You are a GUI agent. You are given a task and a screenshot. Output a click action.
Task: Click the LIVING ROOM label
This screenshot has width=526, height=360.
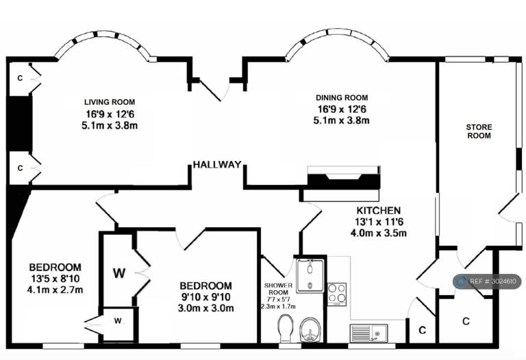pyautogui.click(x=110, y=102)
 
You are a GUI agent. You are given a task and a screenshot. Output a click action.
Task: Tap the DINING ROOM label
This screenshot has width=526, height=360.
pyautogui.click(x=342, y=98)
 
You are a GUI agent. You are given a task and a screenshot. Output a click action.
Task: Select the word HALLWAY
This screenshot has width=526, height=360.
pyautogui.click(x=217, y=164)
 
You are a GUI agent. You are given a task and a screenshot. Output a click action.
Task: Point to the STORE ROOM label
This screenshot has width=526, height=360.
pyautogui.click(x=479, y=131)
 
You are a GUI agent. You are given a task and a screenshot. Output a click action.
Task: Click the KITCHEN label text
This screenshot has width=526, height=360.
pyautogui.click(x=378, y=211)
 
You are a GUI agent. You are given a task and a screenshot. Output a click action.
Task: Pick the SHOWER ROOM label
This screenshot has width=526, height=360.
pyautogui.click(x=279, y=289)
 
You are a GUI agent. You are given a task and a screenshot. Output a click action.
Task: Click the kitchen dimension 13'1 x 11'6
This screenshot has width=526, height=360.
pyautogui.click(x=379, y=222)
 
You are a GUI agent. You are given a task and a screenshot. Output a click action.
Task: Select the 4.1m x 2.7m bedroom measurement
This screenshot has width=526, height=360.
pyautogui.click(x=55, y=290)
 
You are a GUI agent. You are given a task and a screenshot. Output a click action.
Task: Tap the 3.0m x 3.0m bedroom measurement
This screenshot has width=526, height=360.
pyautogui.click(x=205, y=308)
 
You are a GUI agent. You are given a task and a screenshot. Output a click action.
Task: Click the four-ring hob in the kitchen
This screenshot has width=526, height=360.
pyautogui.click(x=337, y=294)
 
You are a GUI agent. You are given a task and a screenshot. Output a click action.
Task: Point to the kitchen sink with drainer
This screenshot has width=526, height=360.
pyautogui.click(x=368, y=333)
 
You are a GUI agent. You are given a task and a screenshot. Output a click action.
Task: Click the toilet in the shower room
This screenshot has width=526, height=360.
pyautogui.click(x=286, y=328)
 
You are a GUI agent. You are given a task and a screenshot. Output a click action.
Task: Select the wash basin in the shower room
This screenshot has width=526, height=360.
pyautogui.click(x=310, y=330)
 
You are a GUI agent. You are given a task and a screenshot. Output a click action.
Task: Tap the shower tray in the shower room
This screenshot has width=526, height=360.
pyautogui.click(x=310, y=276)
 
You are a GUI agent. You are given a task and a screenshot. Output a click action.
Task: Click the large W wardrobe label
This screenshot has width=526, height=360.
pyautogui.click(x=119, y=273)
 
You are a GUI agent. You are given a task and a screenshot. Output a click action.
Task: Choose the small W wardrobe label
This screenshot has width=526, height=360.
pyautogui.click(x=118, y=321)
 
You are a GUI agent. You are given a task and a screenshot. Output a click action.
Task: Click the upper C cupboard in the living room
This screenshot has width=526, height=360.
pyautogui.click(x=20, y=79)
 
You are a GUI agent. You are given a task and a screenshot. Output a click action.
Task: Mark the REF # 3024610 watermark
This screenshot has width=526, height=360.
pyautogui.click(x=487, y=281)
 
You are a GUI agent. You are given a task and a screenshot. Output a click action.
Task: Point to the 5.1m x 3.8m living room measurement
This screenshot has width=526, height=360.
pyautogui.click(x=110, y=126)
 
